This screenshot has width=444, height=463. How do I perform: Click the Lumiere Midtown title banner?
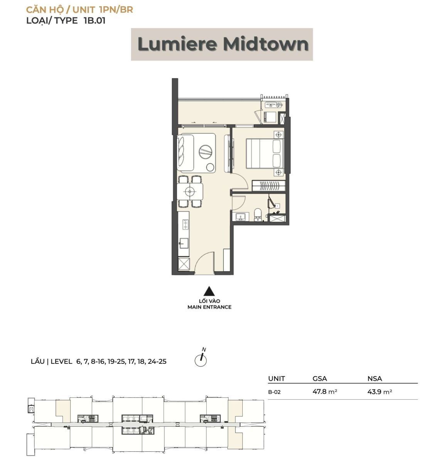coord(222,44)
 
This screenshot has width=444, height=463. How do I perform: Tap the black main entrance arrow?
coord(209,291)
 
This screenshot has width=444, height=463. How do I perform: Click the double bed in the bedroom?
coord(265,154)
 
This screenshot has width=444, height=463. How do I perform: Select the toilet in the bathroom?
coord(258,215)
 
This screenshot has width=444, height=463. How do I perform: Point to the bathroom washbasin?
coord(241,217)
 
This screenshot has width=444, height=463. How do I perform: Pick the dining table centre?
coord(190,191)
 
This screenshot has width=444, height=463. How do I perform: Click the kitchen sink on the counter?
coord(184,243)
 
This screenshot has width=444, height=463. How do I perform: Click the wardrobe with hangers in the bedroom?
coord(268,185)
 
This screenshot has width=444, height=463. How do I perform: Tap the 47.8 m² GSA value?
coord(325,391)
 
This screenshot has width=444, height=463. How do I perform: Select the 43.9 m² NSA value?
coord(380,391)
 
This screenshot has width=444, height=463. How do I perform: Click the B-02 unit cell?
coord(274,392)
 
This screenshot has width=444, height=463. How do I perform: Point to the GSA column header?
coord(319,379)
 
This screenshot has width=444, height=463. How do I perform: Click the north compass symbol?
coord(201,359)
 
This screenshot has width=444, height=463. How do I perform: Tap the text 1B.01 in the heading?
coord(95,20)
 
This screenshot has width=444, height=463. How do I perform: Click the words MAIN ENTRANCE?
coord(209,307)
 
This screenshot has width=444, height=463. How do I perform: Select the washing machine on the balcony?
coord(271,117)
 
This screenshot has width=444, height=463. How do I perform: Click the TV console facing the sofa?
coord(228,153)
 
